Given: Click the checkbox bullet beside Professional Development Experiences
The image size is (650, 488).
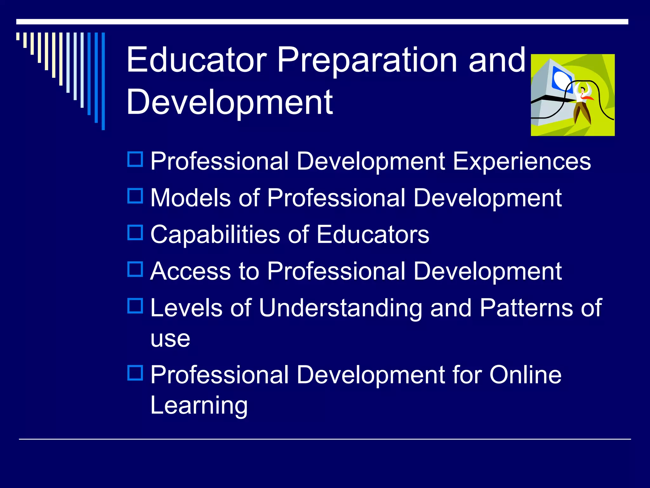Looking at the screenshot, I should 135,159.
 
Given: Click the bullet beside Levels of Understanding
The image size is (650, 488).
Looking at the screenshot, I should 135,306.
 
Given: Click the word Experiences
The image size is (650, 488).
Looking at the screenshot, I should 522,161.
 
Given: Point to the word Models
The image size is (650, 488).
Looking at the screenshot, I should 190,198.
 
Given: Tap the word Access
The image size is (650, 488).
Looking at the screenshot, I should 190,271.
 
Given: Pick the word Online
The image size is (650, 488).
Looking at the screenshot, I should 525,375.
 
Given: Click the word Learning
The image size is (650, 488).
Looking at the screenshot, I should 199,406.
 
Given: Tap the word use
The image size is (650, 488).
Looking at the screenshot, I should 170,339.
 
